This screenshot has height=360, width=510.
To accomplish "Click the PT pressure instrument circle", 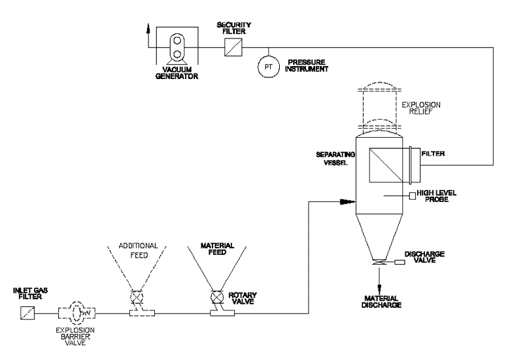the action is (268, 67).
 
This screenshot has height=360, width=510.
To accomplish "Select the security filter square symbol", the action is (233, 48).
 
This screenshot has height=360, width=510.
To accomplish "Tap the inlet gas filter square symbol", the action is (27, 313).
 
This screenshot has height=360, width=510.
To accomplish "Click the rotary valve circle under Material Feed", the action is (217, 297).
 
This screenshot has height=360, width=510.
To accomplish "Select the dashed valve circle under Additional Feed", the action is (137, 297).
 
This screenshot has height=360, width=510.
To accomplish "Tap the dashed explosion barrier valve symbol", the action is (77, 313).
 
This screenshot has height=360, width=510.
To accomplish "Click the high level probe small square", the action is (413, 196).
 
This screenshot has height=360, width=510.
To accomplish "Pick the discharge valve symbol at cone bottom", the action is (379, 263).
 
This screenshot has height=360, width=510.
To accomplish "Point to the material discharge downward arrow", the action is (379, 280).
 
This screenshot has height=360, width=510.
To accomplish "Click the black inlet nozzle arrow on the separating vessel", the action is (347, 201).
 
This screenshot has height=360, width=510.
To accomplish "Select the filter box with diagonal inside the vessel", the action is (386, 165).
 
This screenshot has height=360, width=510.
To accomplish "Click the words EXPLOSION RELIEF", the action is (421, 108).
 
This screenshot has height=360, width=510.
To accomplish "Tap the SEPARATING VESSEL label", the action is (335, 158).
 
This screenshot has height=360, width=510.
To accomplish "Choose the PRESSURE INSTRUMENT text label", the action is (307, 65).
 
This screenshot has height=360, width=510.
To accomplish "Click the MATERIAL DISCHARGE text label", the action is (381, 301).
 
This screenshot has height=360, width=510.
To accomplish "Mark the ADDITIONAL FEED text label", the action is (138, 250).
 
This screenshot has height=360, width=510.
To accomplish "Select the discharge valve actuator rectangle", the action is (399, 262).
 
